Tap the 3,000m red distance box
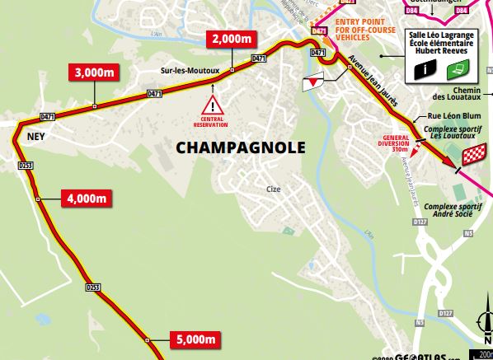pos(93,72)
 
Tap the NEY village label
pos(35,138)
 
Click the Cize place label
pos(274,189)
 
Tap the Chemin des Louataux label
pos(462,96)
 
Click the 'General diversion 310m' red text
pos(397,143)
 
